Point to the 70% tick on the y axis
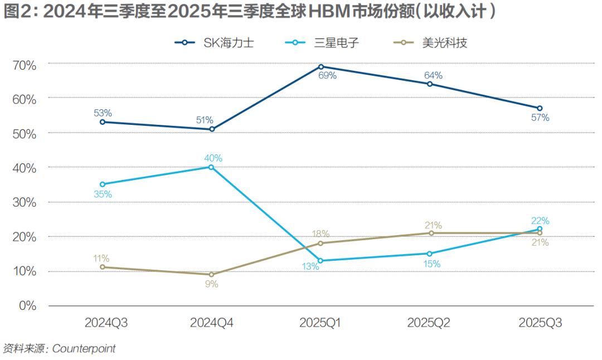pos(24,65)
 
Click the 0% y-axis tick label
pos(27,306)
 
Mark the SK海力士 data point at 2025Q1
pos(321,66)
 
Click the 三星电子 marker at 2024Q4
pos(211,167)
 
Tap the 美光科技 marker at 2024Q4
pos(211,274)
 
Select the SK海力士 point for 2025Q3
pos(540,108)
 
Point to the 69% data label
pos(327,76)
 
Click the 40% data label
pos(213,158)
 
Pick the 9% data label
pos(211,284)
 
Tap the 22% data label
pos(540,221)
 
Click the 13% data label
pos(310,267)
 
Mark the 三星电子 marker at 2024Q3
pos(102,184)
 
